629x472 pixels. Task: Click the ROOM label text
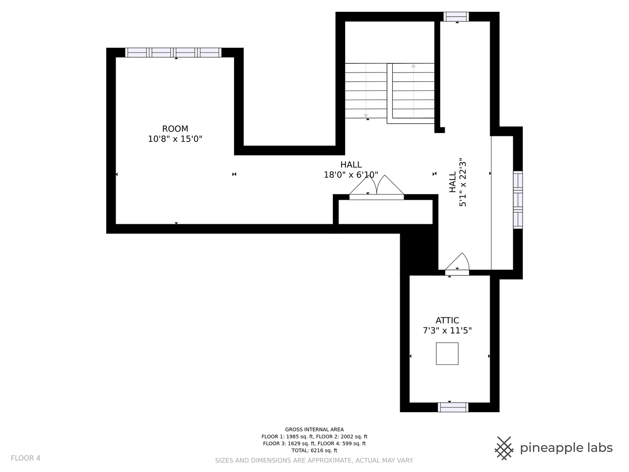click(x=175, y=129)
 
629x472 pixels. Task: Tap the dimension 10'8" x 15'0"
click(x=175, y=139)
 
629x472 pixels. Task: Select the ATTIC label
click(x=447, y=320)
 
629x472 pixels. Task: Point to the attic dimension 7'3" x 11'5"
click(x=447, y=331)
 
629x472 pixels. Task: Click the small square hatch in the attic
click(x=447, y=354)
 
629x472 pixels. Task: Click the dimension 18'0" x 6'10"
click(x=351, y=175)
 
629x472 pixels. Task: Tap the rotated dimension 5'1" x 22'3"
click(x=463, y=182)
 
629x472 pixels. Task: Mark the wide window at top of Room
click(x=173, y=52)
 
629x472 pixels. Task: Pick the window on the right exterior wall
click(x=518, y=200)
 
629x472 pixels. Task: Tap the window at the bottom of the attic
click(x=453, y=407)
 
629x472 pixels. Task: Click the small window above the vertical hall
click(x=456, y=17)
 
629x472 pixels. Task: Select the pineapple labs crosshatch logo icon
click(x=504, y=448)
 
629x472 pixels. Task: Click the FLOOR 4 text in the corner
click(x=25, y=458)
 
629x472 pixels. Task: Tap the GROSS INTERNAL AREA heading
click(x=314, y=430)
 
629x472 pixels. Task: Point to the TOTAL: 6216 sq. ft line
click(x=314, y=450)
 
